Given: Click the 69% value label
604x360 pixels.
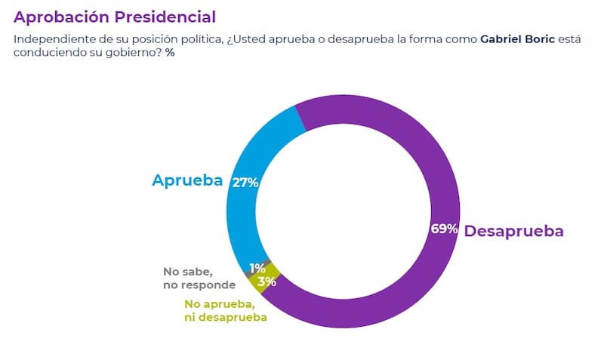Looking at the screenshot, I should [444, 229].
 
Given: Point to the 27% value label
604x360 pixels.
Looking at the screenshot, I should [246, 183].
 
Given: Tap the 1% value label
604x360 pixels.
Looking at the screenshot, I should [257, 268].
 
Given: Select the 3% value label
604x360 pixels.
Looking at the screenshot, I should [266, 282].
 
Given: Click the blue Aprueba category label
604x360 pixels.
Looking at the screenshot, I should [186, 180].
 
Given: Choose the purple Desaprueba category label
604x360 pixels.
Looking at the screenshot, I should [513, 231].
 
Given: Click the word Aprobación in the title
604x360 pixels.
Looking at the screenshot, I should [60, 16].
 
